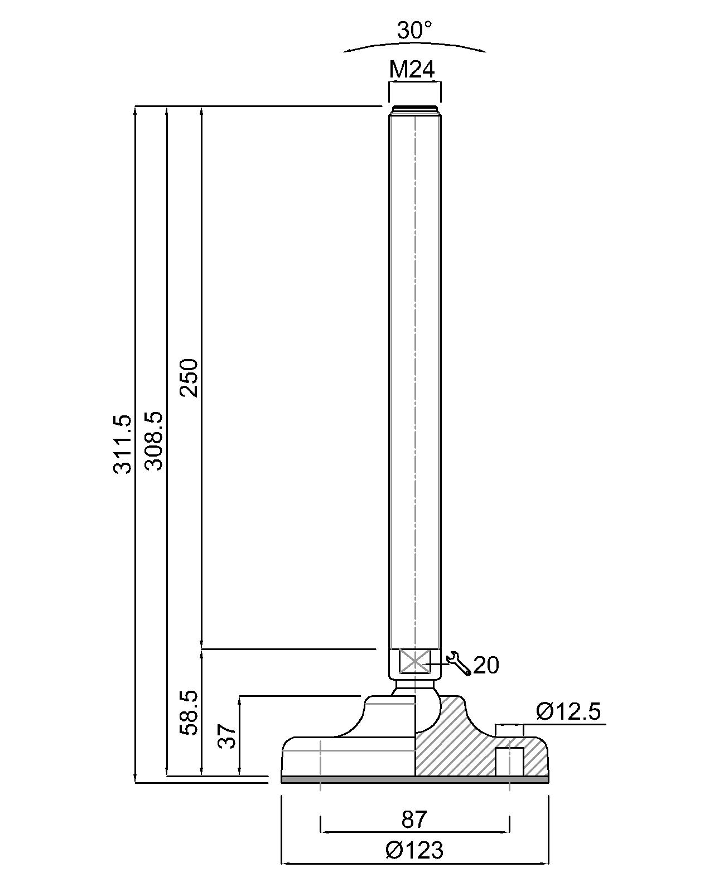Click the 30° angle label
point(414,31)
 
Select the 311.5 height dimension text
point(122,444)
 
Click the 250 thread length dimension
point(189,377)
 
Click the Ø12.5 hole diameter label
point(568,712)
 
